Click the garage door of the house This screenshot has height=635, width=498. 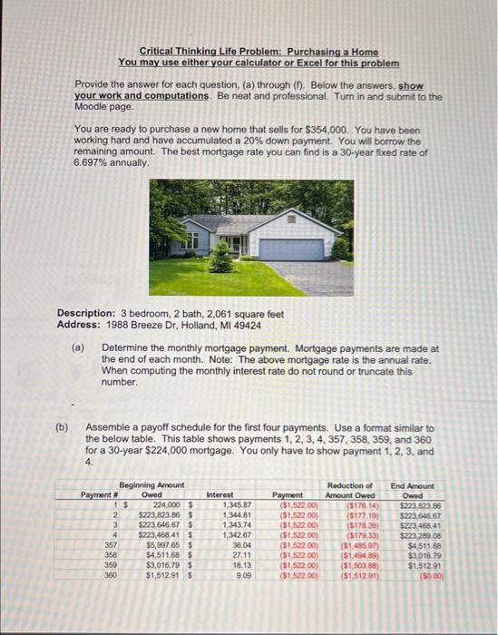coord(290,249)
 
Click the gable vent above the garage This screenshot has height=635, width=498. coord(290,219)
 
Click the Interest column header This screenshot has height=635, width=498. coord(220,495)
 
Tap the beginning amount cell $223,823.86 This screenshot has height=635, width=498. coord(157,513)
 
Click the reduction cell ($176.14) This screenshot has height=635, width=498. coord(366,504)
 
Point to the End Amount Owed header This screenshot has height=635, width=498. coord(412,491)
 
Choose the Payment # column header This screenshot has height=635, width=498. coord(96,495)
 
